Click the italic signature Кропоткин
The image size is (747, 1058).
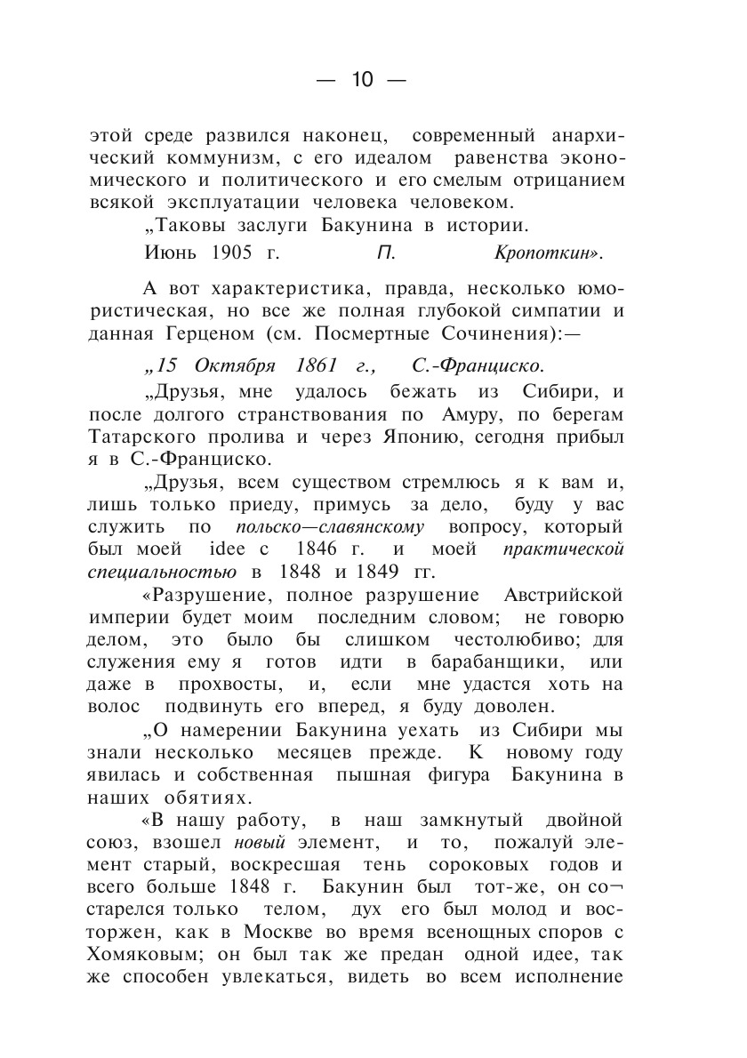click(547, 254)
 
